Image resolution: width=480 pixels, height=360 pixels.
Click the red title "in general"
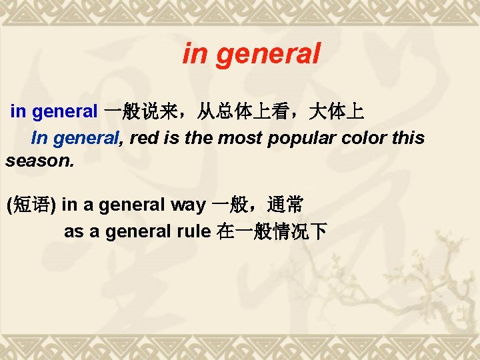tap(251, 54)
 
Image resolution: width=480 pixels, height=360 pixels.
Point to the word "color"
tap(369, 138)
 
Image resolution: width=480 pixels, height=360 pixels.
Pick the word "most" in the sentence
tap(243, 138)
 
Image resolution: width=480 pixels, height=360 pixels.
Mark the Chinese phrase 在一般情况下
tap(272, 232)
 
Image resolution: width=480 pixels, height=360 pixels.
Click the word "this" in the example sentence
tap(409, 138)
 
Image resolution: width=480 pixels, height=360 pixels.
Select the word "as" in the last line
tap(73, 232)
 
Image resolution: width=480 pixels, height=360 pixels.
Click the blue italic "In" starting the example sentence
tap(39, 138)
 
